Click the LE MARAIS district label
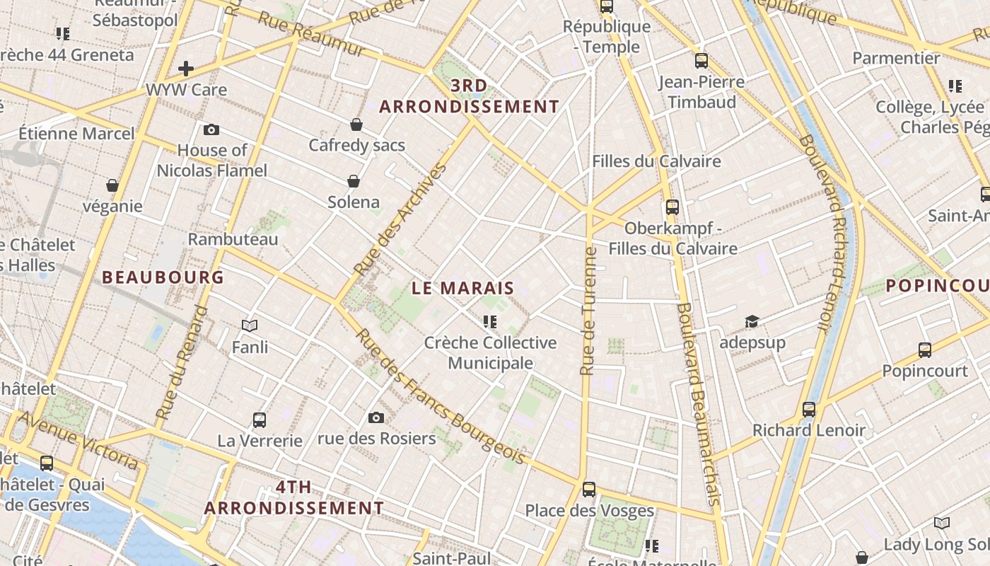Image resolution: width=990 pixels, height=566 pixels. point(462,288)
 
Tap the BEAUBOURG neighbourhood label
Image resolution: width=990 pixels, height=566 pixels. point(163,277)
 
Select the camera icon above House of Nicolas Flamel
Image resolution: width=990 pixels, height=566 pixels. point(211,129)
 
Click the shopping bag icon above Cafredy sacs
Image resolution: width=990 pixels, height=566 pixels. point(356,125)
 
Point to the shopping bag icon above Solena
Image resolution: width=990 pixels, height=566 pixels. point(353,181)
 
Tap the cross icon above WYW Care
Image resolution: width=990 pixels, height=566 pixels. point(186,69)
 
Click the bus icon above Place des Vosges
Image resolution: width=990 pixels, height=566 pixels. point(589,489)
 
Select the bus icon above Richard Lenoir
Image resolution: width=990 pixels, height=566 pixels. point(809,409)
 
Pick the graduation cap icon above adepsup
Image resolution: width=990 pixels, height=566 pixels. point(751,322)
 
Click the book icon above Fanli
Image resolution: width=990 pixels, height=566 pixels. point(249,325)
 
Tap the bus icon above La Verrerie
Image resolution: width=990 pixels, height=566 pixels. point(260,420)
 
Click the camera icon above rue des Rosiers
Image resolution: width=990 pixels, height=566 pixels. point(376,417)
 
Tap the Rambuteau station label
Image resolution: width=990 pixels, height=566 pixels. point(233,239)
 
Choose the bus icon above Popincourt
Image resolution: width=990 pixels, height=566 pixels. point(924,350)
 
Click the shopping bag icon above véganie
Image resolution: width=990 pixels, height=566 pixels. point(112,185)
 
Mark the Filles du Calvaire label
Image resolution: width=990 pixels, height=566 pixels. point(656,161)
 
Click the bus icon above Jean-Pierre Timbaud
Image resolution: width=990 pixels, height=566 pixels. point(701,61)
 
